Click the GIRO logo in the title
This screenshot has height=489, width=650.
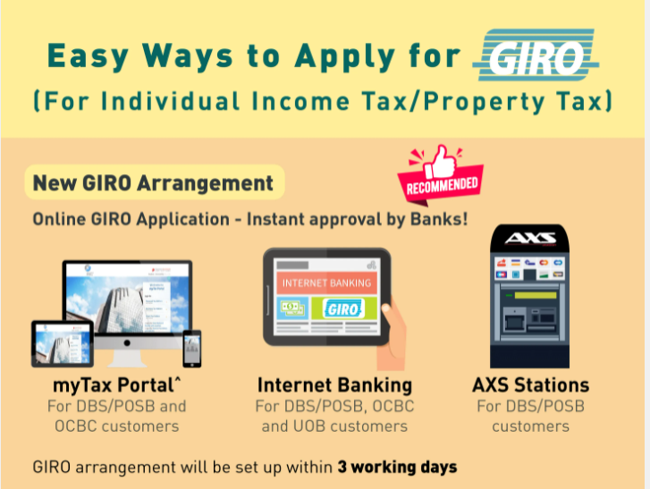click(x=537, y=55)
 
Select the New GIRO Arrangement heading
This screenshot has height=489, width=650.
click(x=153, y=183)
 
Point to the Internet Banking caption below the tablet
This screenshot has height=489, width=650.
click(x=334, y=385)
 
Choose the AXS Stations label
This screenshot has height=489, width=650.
click(x=530, y=385)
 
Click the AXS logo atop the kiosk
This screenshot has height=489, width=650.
click(x=530, y=239)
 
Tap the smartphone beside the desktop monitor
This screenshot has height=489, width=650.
click(x=191, y=348)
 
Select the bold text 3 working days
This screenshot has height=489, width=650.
click(x=397, y=467)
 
